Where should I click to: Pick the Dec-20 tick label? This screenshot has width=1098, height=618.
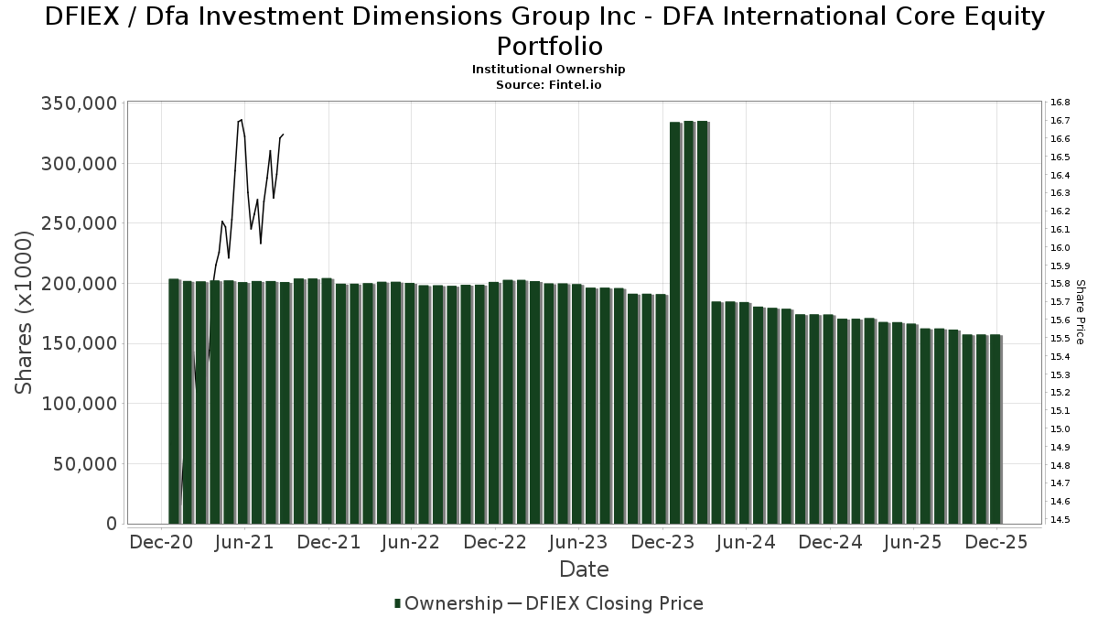(161, 542)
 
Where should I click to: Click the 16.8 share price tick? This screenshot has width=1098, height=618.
(1060, 103)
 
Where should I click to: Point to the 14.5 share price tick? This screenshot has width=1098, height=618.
(1060, 520)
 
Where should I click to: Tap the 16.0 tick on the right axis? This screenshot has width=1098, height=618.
(1060, 247)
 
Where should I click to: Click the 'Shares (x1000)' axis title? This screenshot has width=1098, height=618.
(25, 313)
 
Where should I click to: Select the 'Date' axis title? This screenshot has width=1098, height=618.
(584, 569)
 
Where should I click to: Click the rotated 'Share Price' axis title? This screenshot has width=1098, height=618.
(1081, 312)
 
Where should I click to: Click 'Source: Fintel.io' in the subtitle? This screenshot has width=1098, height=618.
(549, 84)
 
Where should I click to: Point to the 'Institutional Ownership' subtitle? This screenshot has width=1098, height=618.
(549, 70)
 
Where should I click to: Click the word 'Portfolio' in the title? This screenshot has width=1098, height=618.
(549, 46)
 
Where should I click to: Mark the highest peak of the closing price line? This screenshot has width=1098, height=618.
(241, 119)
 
